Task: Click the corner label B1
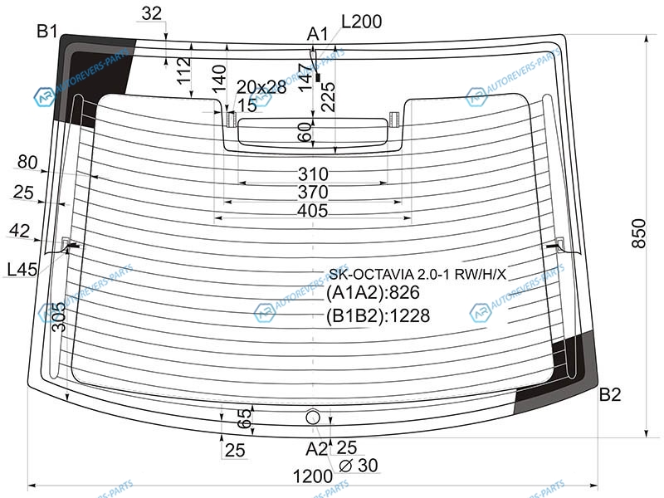[x=47, y=31]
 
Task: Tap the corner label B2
[x=610, y=395]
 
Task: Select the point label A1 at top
[x=318, y=34]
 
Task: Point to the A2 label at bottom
[x=316, y=449]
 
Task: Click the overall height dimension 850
[x=638, y=233]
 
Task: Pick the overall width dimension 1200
[x=313, y=476]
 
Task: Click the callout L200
[x=361, y=22]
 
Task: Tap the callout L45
[x=22, y=269]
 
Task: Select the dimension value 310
[x=313, y=174]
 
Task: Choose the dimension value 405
[x=313, y=211]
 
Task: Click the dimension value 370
[x=313, y=193]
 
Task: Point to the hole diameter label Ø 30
[x=359, y=466]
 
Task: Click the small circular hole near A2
[x=313, y=417]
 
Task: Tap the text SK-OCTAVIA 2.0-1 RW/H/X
[x=417, y=275]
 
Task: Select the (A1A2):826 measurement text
[x=373, y=293]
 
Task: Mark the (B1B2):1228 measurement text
[x=378, y=316]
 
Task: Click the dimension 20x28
[x=261, y=87]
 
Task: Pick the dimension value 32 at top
[x=152, y=13]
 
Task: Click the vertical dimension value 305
[x=59, y=318]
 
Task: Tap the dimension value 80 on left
[x=27, y=162]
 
